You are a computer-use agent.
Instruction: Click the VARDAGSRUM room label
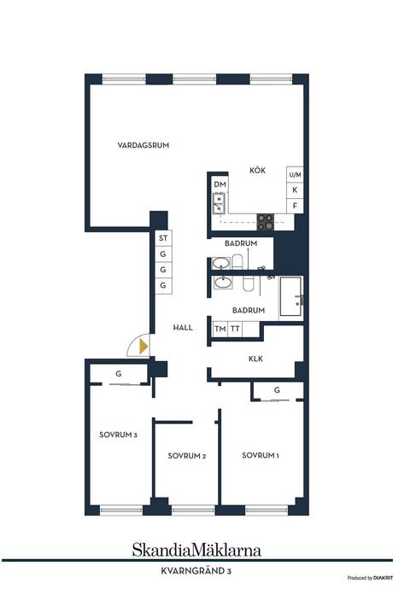[144, 145]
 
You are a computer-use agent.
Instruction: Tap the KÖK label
[258, 170]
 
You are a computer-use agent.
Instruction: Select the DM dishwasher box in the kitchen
[220, 184]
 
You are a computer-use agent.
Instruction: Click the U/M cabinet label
[295, 175]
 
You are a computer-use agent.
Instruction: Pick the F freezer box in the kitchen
[295, 206]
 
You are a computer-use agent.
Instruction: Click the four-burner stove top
[266, 222]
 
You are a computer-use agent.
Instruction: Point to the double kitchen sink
[219, 203]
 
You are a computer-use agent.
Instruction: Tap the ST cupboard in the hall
[163, 238]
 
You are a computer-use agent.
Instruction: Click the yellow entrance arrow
[144, 346]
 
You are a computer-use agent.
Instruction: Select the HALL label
[183, 328]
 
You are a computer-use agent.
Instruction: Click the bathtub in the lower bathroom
[290, 296]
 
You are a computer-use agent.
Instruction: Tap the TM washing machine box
[220, 329]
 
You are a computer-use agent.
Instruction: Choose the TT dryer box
[235, 329]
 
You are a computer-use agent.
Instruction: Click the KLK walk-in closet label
[255, 359]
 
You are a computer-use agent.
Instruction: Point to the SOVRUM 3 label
[118, 434]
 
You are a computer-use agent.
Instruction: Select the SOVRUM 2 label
[186, 456]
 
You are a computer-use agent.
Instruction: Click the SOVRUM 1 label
[261, 455]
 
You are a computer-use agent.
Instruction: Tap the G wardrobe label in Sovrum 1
[277, 390]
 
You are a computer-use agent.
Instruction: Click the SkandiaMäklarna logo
[196, 550]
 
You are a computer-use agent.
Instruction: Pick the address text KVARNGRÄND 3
[196, 571]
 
